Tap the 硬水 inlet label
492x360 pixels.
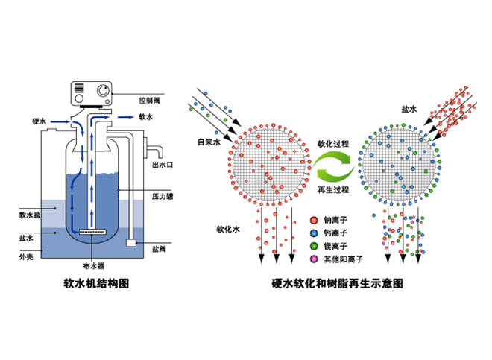point(40,121)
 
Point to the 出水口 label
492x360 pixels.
point(163,164)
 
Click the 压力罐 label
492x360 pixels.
point(163,195)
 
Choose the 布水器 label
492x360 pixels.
point(93,265)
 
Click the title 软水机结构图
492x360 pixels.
point(98,285)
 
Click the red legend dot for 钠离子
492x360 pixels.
point(315,221)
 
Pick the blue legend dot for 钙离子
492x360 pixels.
point(315,233)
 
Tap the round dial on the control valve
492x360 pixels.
point(101,92)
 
